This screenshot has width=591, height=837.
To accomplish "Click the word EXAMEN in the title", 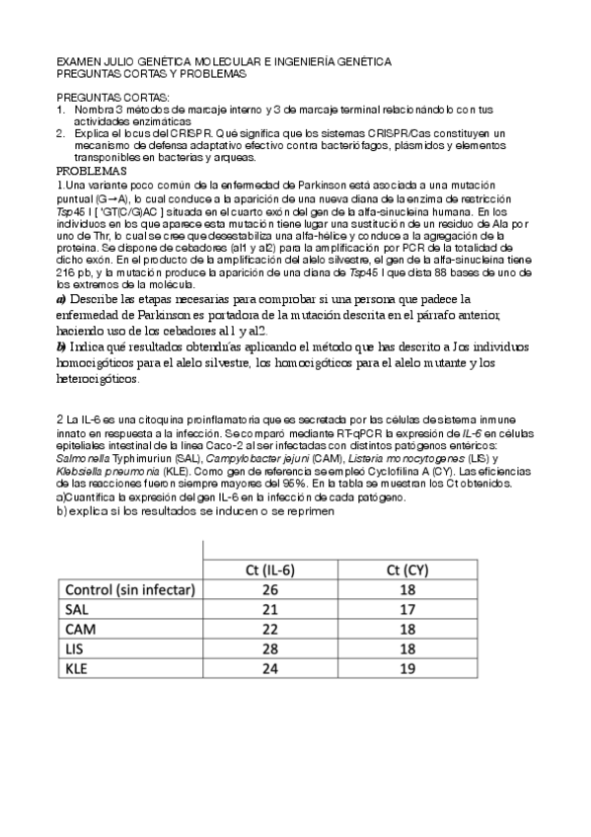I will click(x=76, y=61).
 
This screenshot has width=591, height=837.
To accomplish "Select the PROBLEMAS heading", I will click(x=91, y=170).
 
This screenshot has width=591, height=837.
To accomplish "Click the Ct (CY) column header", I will click(x=406, y=569).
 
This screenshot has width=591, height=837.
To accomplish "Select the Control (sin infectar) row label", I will click(x=129, y=589).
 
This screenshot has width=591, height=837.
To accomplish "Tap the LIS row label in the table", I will click(x=75, y=648).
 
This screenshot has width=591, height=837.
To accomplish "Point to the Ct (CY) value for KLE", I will click(x=406, y=668).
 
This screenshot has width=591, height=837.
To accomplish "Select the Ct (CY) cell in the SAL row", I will click(x=406, y=609).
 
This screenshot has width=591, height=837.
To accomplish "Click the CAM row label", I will click(x=78, y=629).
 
